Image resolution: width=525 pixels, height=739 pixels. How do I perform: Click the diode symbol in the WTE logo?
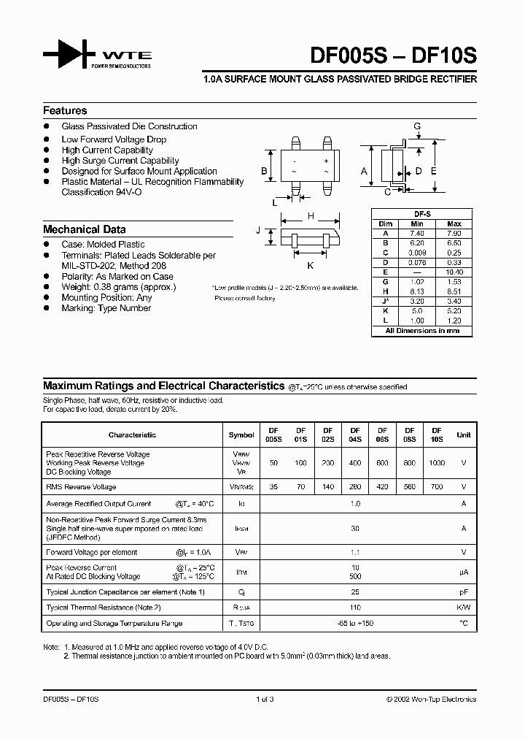(x=70, y=54)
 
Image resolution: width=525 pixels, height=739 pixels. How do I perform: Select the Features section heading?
(x=65, y=111)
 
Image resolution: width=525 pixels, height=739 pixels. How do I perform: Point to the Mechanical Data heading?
(x=85, y=229)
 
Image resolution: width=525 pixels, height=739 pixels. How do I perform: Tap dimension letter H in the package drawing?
(x=311, y=216)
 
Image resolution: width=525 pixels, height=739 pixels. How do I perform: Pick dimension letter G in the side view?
(x=417, y=126)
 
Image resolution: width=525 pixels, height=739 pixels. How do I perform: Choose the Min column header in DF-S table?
(x=417, y=223)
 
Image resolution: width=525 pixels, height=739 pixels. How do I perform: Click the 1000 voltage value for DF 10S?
(x=436, y=463)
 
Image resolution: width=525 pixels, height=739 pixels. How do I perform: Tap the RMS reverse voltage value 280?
(x=355, y=487)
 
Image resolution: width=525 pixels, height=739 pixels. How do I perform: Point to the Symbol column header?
(x=241, y=434)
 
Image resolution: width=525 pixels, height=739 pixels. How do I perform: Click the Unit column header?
(x=463, y=434)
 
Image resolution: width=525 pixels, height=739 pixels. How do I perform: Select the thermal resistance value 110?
(x=355, y=608)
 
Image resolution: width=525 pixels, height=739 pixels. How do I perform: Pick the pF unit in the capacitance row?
(x=463, y=591)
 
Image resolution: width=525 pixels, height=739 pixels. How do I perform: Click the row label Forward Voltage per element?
(x=91, y=552)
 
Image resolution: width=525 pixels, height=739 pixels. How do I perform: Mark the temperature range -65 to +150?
(x=355, y=624)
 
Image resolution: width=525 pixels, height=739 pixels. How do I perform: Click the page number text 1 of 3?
(x=265, y=699)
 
